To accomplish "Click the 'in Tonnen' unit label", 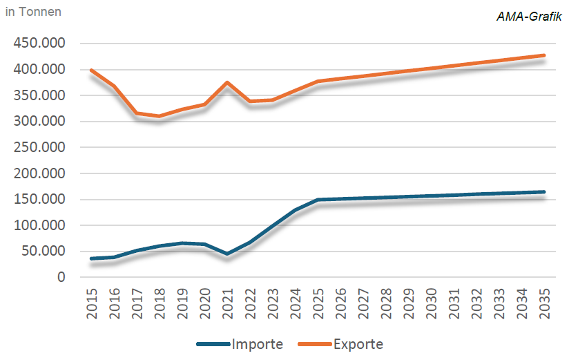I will point(33,12).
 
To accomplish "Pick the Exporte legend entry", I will point(358,343).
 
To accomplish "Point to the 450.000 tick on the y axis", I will point(39,44).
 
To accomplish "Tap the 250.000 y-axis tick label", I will point(39,147).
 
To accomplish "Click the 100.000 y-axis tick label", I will point(39,225).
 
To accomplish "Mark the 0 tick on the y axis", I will point(61,277).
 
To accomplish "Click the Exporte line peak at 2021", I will point(227,82).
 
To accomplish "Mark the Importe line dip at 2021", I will point(227,254).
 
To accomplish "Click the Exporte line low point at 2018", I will point(160,116).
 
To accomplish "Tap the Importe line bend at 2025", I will point(318,200).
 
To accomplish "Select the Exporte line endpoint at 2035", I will point(543,55).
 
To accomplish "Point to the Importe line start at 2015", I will point(92,259).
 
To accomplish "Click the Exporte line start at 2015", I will point(92,70).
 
